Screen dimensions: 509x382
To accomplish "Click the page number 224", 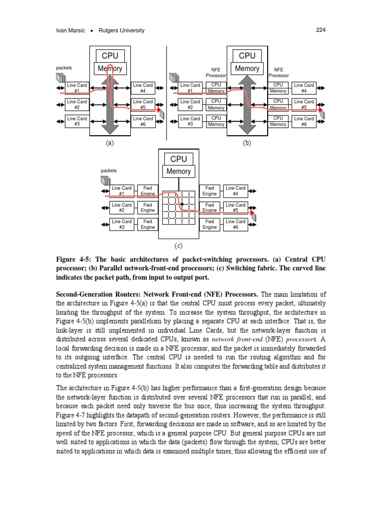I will [x=320, y=30].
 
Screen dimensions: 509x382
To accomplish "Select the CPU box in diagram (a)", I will [x=109, y=56].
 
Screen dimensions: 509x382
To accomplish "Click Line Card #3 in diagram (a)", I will [x=77, y=121].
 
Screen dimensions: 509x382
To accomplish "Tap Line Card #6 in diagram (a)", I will [x=143, y=121].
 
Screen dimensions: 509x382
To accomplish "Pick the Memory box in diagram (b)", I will [x=247, y=69].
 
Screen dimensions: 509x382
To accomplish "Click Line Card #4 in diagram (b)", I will [x=304, y=88].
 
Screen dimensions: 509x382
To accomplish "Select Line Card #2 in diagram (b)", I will [x=190, y=104].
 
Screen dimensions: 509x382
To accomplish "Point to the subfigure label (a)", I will [x=109, y=143].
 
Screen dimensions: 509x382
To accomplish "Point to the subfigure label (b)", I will [x=247, y=143].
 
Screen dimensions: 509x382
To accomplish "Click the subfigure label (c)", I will [x=179, y=246].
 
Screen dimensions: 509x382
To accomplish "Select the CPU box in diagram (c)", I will [x=179, y=159].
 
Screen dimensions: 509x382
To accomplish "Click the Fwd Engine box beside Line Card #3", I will [x=147, y=224].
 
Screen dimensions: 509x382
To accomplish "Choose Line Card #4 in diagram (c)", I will [x=235, y=191].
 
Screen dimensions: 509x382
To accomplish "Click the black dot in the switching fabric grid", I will [x=183, y=204].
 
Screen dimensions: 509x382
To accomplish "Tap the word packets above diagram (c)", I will [x=109, y=170].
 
